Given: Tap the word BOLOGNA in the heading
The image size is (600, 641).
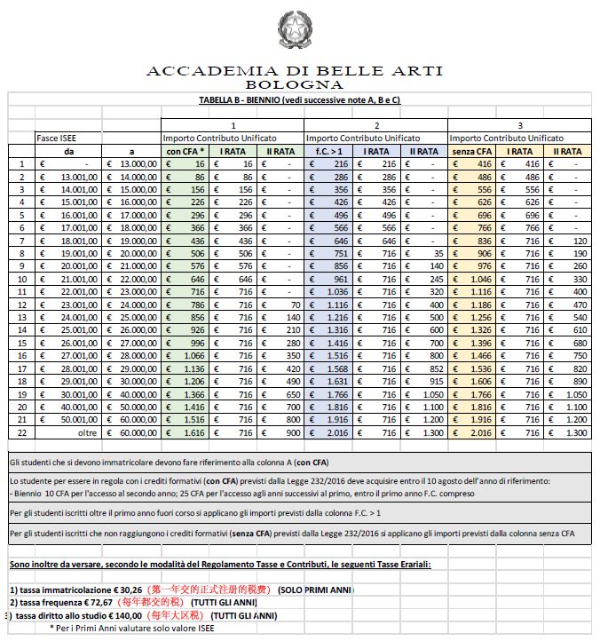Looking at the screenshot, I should click(x=294, y=85).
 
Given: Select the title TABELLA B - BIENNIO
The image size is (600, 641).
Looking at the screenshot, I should click(x=299, y=100).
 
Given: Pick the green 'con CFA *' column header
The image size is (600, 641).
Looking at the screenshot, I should click(x=186, y=151).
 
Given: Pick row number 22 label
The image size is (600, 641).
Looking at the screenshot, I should click(x=21, y=432).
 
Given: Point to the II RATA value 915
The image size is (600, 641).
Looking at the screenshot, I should click(x=430, y=382).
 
